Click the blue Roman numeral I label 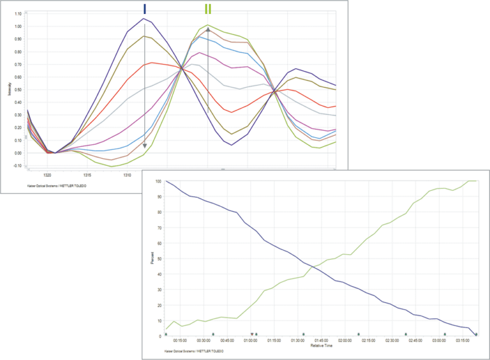145,8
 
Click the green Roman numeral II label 207,9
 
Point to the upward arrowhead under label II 207,29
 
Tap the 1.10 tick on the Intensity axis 17,13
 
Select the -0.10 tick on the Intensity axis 17,167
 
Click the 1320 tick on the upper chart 47,174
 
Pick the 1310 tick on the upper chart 126,174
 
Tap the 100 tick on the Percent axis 157,182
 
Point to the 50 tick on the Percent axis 158,259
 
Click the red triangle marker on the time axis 252,334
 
